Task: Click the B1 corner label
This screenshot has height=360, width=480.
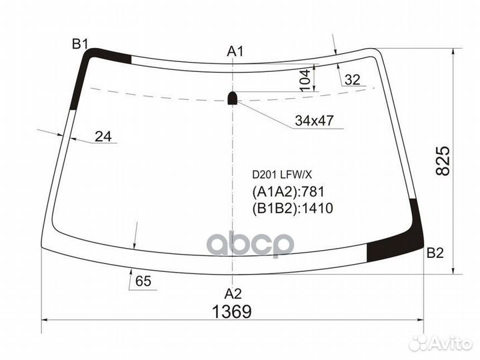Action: pyautogui.click(x=80, y=44)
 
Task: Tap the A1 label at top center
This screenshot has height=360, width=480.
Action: pyautogui.click(x=235, y=51)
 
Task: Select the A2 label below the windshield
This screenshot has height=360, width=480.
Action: pyautogui.click(x=232, y=293)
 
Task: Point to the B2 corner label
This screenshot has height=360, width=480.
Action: pyautogui.click(x=435, y=253)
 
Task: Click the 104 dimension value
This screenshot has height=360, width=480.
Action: pyautogui.click(x=305, y=79)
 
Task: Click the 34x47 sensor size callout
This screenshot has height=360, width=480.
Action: pyautogui.click(x=314, y=121)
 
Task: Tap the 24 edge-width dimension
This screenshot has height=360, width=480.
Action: pyautogui.click(x=103, y=137)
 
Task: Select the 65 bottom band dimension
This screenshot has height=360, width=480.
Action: pyautogui.click(x=143, y=281)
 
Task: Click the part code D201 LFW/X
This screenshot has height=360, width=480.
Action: pyautogui.click(x=281, y=174)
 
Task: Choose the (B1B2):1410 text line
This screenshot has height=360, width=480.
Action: pyautogui.click(x=292, y=209)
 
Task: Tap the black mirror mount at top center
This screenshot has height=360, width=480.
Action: pyautogui.click(x=233, y=98)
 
